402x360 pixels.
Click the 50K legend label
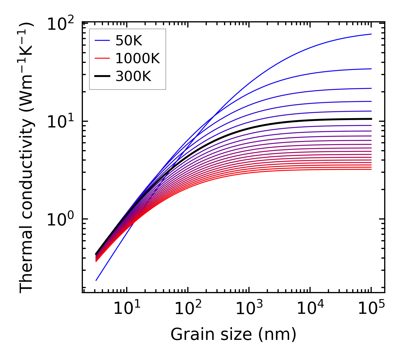click(x=129, y=41)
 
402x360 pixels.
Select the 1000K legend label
click(x=137, y=59)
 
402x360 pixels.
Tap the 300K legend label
click(x=133, y=76)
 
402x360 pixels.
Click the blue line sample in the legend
click(x=102, y=41)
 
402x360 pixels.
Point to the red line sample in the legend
click(x=102, y=59)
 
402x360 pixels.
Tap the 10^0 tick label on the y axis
click(x=60, y=220)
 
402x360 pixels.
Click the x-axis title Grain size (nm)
click(x=233, y=335)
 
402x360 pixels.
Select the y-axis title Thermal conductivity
click(x=27, y=157)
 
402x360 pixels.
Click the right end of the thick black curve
click(x=371, y=119)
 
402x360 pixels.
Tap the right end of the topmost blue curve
click(x=371, y=34)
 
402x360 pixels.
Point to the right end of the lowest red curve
click(x=371, y=169)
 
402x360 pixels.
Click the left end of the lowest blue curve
click(x=96, y=280)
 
